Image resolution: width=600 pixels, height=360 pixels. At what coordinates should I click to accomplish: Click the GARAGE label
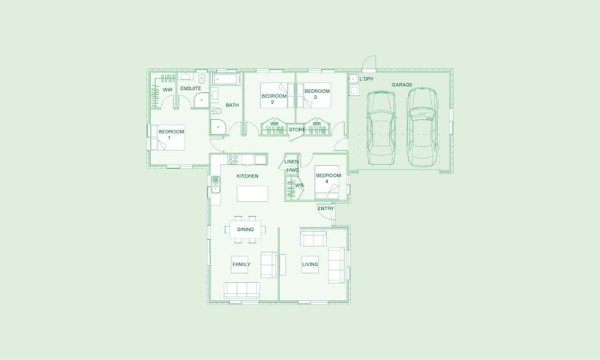[x=402, y=85]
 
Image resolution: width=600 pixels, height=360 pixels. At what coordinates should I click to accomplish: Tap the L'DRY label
[x=366, y=79]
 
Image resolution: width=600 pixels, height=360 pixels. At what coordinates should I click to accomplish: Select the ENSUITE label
[x=190, y=88]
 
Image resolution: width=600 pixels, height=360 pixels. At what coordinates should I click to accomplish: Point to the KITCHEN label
[x=247, y=176]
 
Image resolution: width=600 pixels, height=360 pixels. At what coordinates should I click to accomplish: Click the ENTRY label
[x=325, y=208]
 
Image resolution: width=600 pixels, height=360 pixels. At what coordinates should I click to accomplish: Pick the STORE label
[x=297, y=130]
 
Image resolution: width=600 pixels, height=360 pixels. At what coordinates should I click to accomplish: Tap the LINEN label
[x=291, y=161]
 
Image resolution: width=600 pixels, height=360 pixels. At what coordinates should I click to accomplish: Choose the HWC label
[x=292, y=169]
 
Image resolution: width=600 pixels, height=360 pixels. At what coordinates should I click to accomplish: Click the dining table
[x=245, y=229]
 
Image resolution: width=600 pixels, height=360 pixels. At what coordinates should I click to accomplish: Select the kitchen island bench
[x=252, y=193]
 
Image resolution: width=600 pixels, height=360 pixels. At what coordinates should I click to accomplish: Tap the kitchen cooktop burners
[x=232, y=159]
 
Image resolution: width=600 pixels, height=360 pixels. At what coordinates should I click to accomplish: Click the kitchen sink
[x=216, y=184]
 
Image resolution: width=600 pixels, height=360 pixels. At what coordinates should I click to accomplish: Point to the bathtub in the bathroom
[x=226, y=79]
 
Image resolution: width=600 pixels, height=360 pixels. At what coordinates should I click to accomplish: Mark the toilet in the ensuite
[x=202, y=78]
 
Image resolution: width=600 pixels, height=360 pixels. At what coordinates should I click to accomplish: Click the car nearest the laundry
[x=381, y=127]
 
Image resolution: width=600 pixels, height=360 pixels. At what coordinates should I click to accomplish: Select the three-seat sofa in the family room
[x=241, y=290]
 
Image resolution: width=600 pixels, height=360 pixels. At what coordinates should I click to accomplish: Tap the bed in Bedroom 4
[x=327, y=182]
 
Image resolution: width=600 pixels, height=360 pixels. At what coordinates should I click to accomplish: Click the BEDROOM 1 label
[x=171, y=134]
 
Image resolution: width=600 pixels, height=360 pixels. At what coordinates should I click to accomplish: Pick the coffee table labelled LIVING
[x=310, y=264]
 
